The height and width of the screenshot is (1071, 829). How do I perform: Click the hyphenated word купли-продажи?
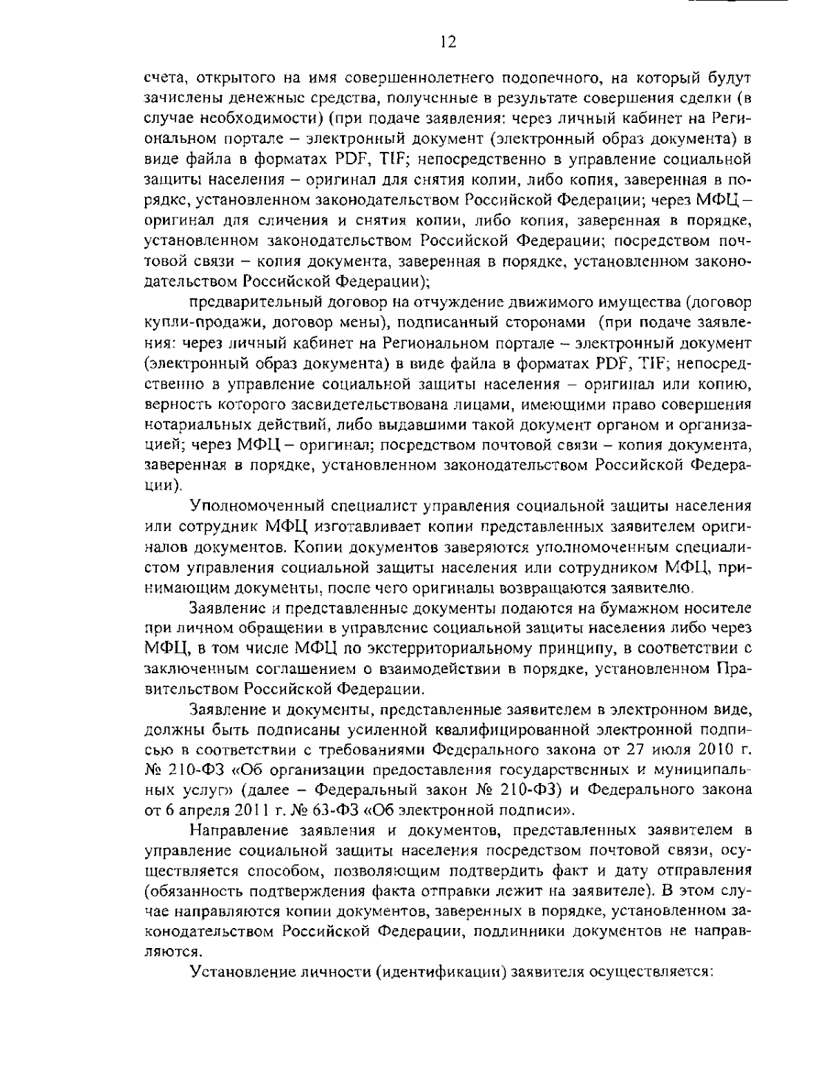pyautogui.click(x=204, y=322)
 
